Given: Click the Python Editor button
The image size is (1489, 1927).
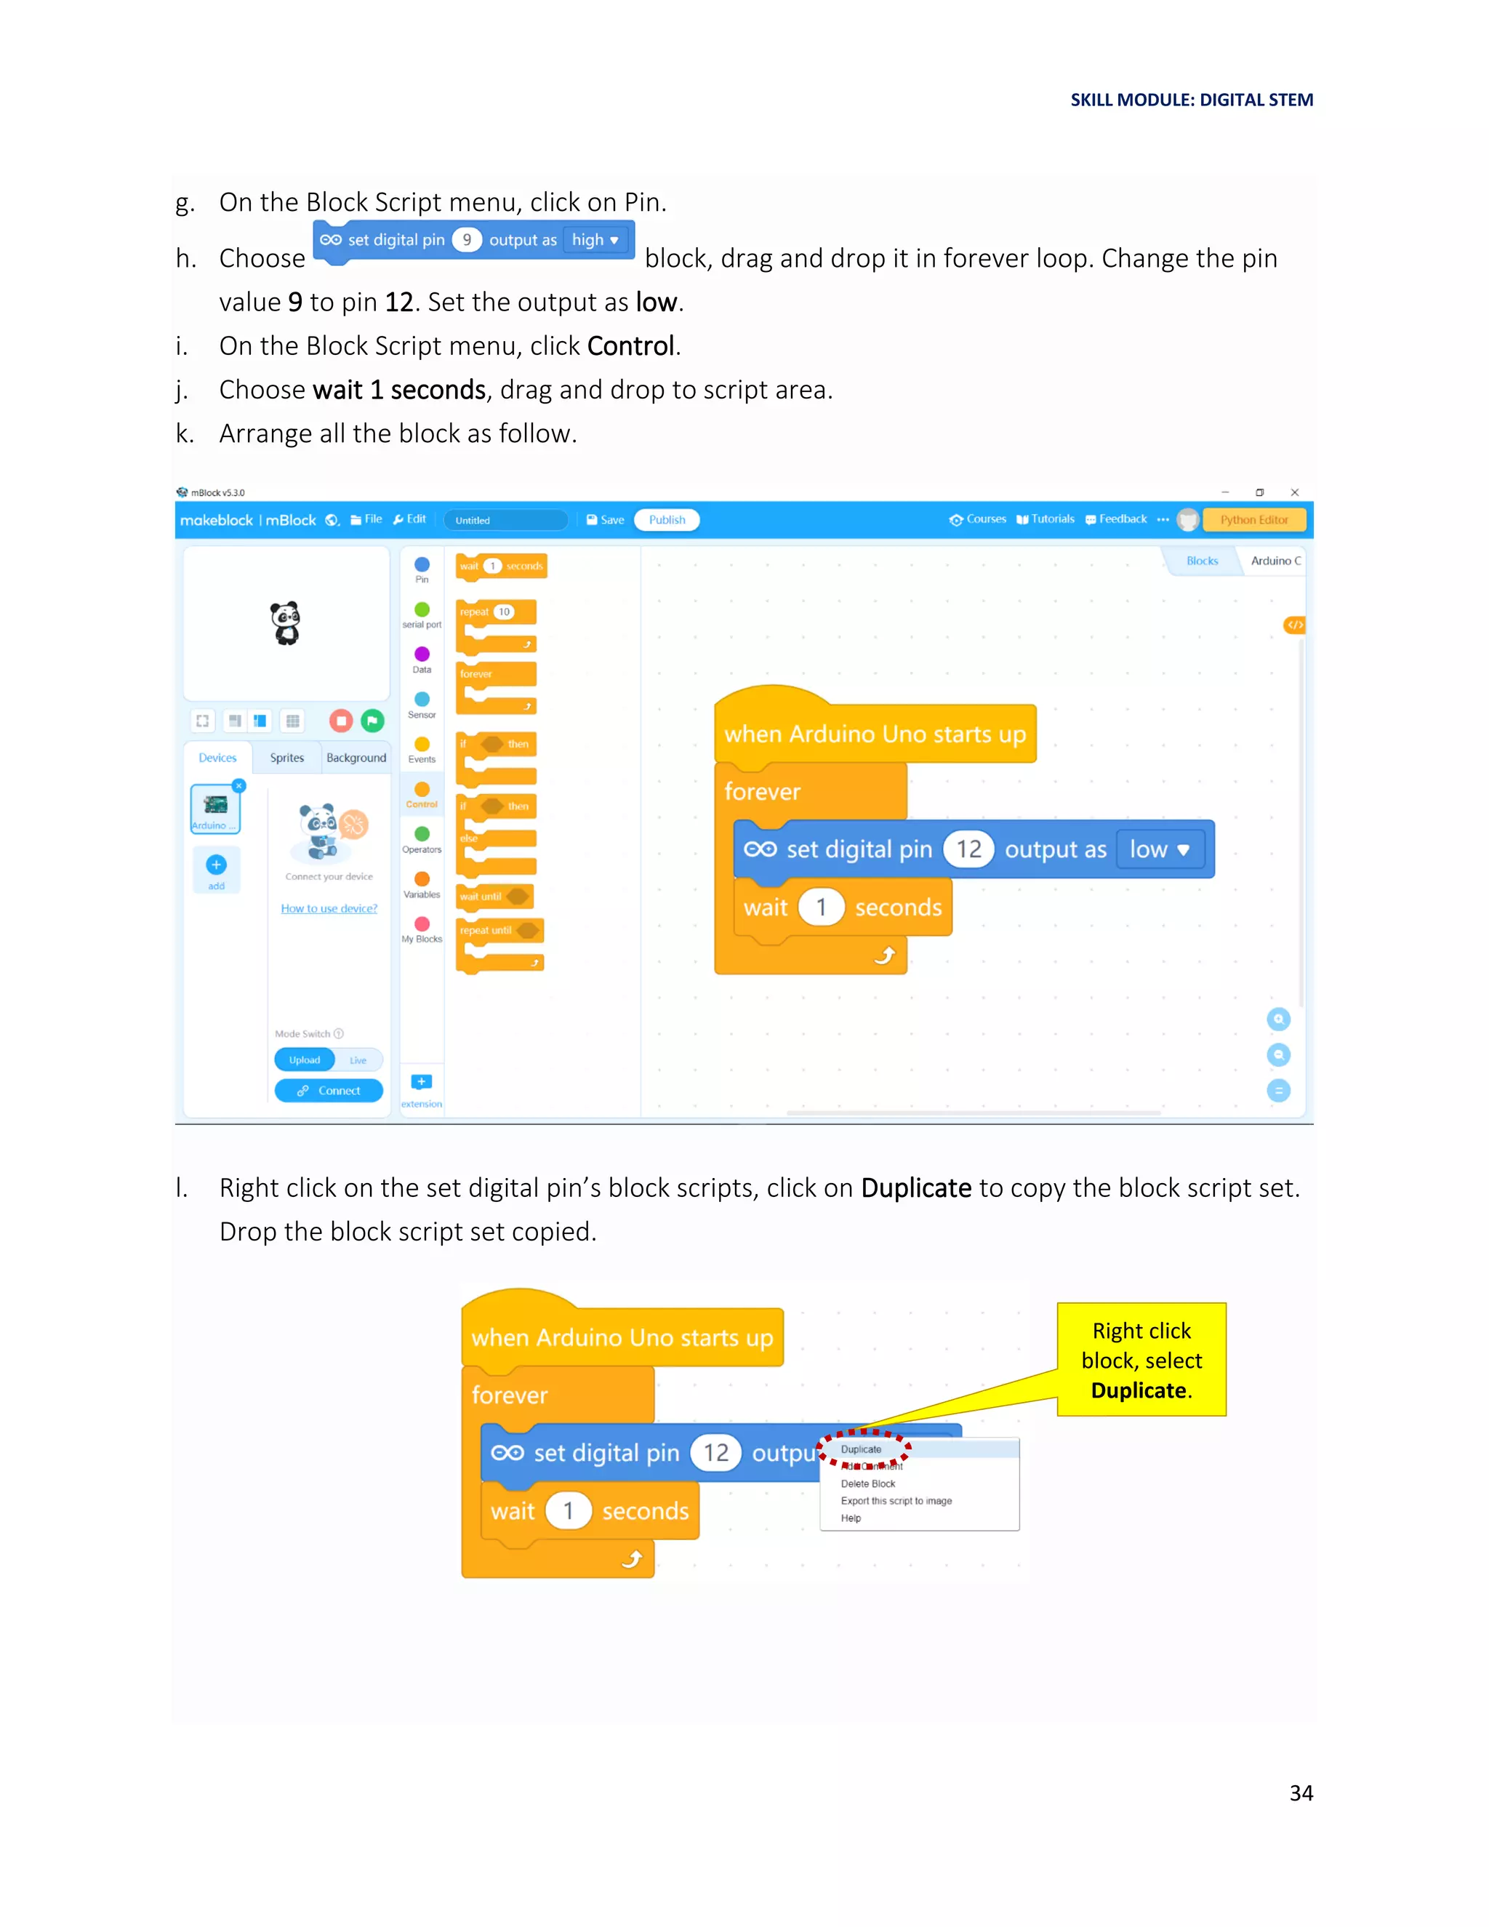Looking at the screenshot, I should tap(1253, 520).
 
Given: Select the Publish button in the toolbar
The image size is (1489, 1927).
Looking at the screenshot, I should tap(667, 520).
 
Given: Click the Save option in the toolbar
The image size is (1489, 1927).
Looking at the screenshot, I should tap(606, 520).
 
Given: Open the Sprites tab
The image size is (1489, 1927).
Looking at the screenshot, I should tap(286, 758).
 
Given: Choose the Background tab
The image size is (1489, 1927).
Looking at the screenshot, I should tap(356, 758).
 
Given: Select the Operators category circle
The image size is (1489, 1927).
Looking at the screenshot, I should tap(422, 834).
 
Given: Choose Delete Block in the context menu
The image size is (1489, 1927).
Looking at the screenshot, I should tap(868, 1484).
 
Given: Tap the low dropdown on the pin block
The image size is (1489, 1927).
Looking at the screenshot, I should tap(1159, 849).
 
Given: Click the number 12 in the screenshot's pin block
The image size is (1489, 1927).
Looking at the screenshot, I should tap(968, 849).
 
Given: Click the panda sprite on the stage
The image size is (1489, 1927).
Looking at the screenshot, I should tap(286, 623).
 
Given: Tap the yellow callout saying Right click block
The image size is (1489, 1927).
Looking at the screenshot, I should tap(1141, 1360).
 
